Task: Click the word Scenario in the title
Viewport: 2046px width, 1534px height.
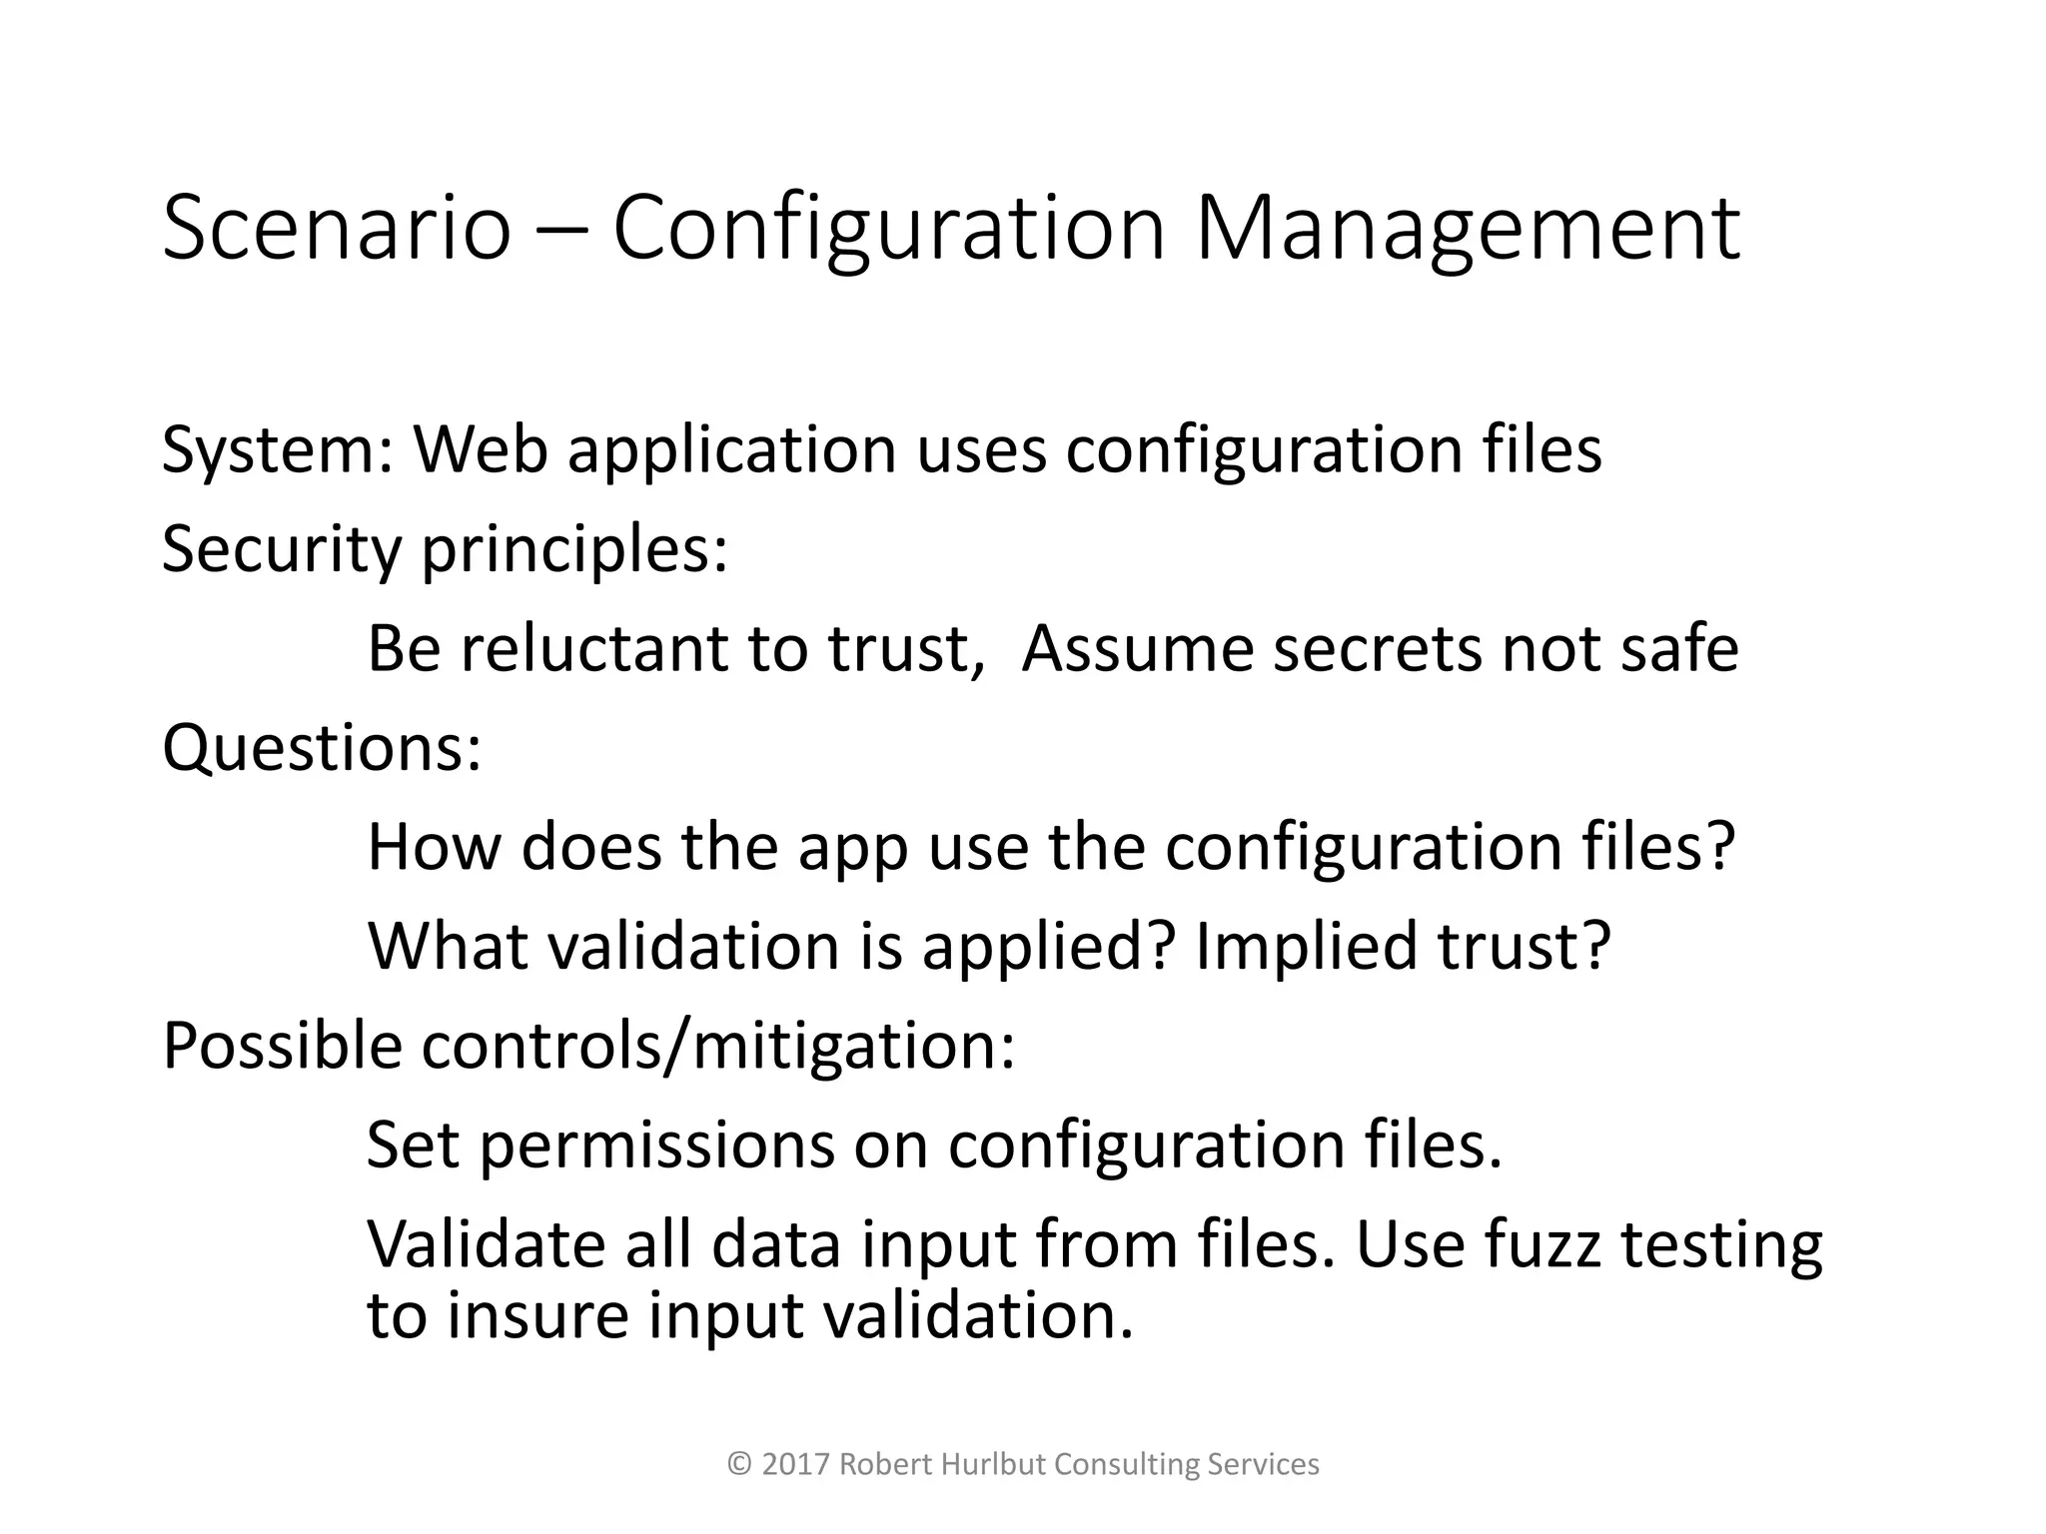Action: pyautogui.click(x=336, y=230)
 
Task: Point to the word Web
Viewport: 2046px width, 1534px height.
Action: pyautogui.click(x=481, y=449)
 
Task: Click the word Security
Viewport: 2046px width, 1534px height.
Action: pyautogui.click(x=281, y=550)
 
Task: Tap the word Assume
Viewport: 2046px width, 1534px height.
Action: pyautogui.click(x=1137, y=648)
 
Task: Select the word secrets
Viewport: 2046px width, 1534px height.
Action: pyautogui.click(x=1379, y=648)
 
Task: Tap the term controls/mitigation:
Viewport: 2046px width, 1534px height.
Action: pyautogui.click(x=718, y=1046)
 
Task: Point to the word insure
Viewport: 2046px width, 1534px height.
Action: pyautogui.click(x=537, y=1316)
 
